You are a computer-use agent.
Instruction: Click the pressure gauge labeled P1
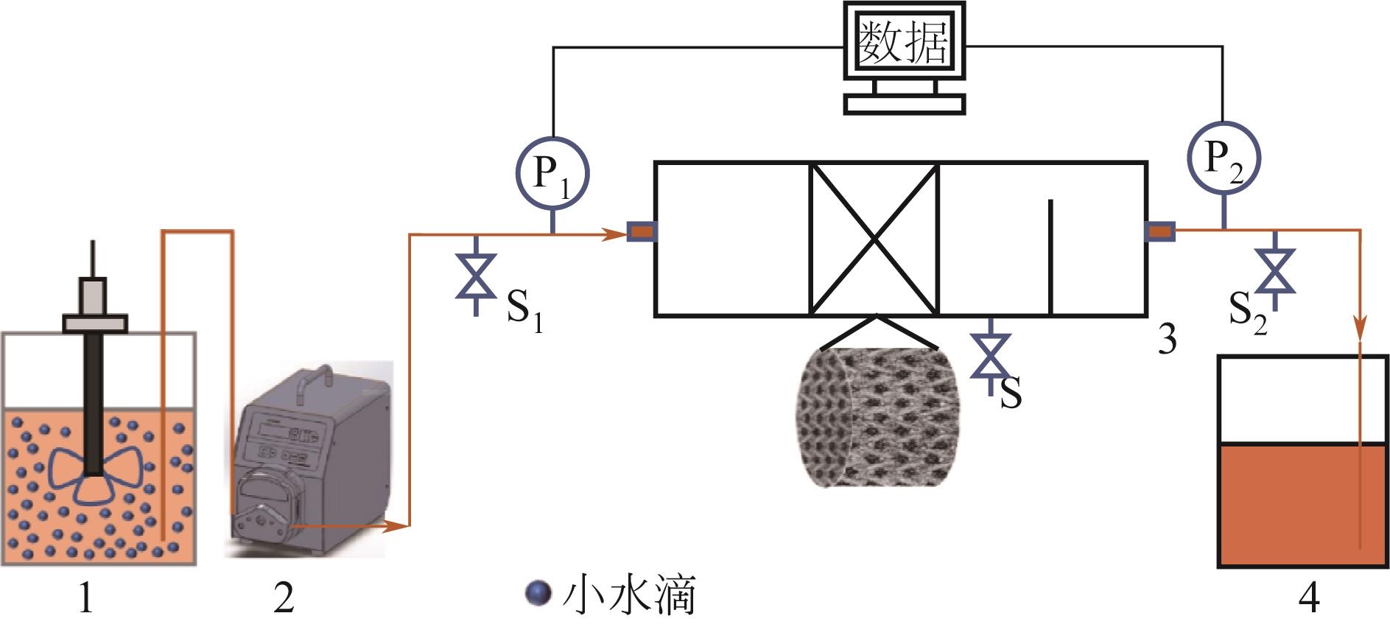[551, 173]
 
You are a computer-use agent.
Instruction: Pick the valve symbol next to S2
[1276, 271]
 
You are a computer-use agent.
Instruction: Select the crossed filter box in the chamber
[874, 239]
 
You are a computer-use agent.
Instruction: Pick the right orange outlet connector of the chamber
[1159, 232]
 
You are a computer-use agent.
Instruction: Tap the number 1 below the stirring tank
[87, 598]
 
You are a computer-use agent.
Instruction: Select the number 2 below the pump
[284, 598]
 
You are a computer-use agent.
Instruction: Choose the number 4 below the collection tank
[1307, 598]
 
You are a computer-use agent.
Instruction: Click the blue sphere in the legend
[539, 593]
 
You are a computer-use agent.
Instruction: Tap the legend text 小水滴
[628, 595]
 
